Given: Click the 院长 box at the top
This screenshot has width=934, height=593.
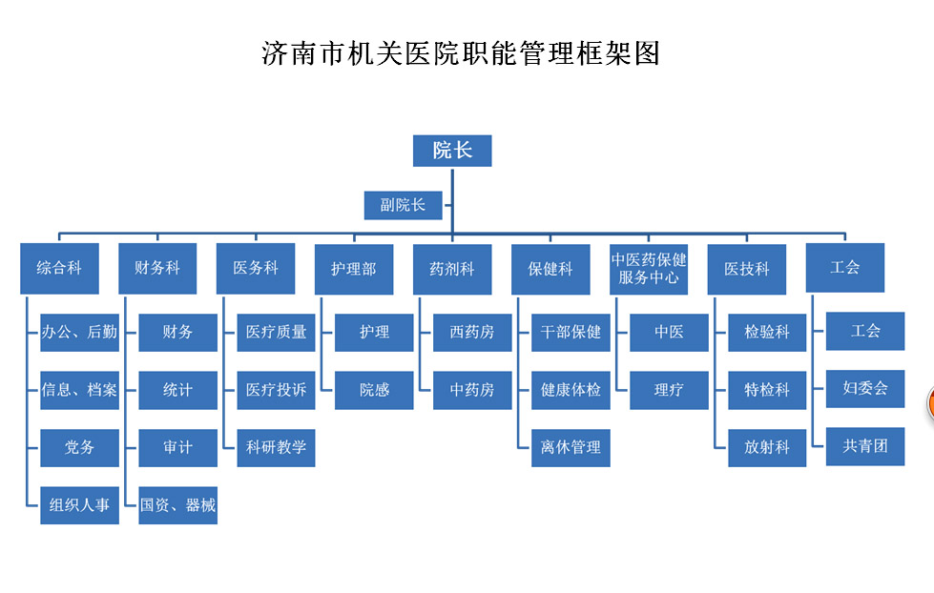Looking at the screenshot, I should click(452, 150).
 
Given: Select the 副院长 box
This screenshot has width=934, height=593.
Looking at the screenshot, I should click(403, 205).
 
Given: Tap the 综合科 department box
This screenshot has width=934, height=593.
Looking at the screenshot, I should click(59, 269).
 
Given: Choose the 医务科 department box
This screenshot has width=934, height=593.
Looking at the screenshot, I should click(256, 269).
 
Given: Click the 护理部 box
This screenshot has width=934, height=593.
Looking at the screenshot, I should click(354, 269).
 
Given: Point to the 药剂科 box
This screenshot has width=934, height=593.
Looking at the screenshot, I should click(452, 269).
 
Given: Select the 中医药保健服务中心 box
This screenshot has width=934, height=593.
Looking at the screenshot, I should click(649, 269).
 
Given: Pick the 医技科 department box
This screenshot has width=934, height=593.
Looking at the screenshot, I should click(747, 269).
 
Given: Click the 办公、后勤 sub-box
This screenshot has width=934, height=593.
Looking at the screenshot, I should click(79, 332).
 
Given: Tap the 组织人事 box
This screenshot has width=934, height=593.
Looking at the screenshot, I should click(79, 505).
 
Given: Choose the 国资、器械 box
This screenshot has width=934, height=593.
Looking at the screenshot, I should click(177, 505).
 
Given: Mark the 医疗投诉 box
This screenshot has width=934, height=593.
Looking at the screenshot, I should click(276, 390).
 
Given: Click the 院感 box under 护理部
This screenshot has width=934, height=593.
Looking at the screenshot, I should click(374, 390).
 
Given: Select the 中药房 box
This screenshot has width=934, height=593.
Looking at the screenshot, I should click(472, 390).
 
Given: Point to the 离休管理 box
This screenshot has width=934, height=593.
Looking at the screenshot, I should click(571, 447).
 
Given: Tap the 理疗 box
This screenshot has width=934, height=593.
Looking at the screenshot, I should click(669, 390).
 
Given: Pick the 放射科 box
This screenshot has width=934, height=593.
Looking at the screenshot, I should click(767, 447).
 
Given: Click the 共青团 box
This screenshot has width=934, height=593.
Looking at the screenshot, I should click(865, 445).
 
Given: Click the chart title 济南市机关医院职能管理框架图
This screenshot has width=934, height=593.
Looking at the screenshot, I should click(461, 52).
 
